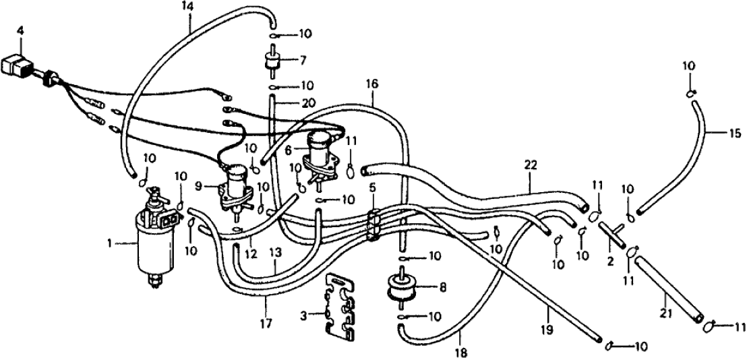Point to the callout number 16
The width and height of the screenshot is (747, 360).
pos(372,84)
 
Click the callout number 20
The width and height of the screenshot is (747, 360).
pos(289,103)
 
